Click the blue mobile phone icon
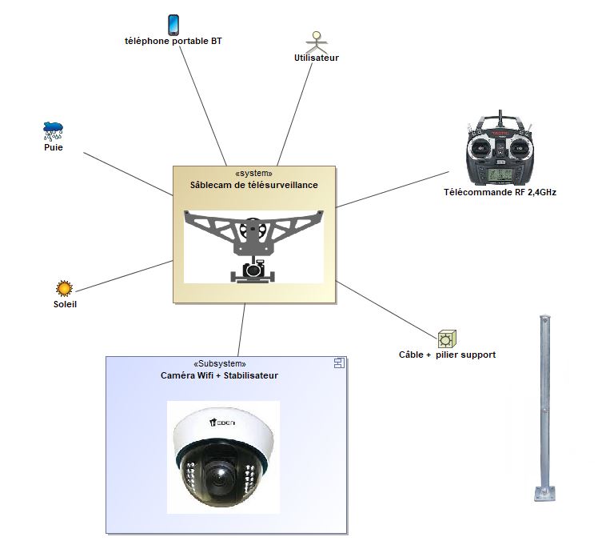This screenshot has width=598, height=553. coord(173,24)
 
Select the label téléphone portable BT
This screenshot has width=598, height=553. coord(173,41)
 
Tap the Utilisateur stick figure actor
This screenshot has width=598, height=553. coord(317,42)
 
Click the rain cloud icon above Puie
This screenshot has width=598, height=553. coord(53,130)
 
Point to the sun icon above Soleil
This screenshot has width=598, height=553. coord(64,289)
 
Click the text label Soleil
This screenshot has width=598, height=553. coord(65,304)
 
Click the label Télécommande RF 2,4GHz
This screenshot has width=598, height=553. coord(500,192)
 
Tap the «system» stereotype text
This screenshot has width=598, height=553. coord(254,173)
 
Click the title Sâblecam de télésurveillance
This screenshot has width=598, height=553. coord(254,185)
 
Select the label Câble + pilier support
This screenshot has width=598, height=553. coord(447,355)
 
